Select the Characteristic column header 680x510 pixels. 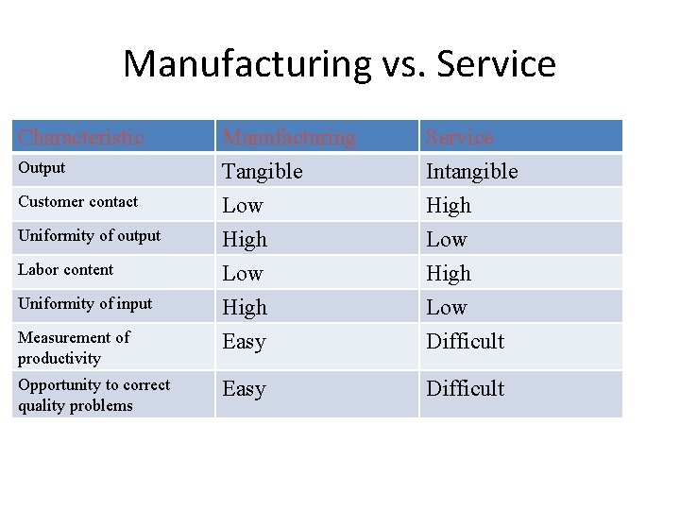[80, 137]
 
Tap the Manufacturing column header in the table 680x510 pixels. [289, 137]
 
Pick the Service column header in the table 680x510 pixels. [459, 137]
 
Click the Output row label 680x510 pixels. [42, 168]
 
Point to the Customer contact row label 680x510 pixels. [77, 201]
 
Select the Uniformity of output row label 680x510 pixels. [89, 235]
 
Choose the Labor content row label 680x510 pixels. [65, 269]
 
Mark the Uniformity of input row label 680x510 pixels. [84, 303]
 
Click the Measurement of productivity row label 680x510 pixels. [73, 347]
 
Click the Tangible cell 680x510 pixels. [262, 171]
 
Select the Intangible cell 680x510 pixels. [471, 171]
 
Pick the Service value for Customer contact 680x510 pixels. [448, 205]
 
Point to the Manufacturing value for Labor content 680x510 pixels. [243, 273]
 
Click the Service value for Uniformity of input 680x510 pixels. [447, 307]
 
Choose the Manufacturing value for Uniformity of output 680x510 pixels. [245, 239]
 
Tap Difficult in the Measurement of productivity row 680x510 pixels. [465, 341]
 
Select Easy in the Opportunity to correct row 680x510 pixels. [244, 388]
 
